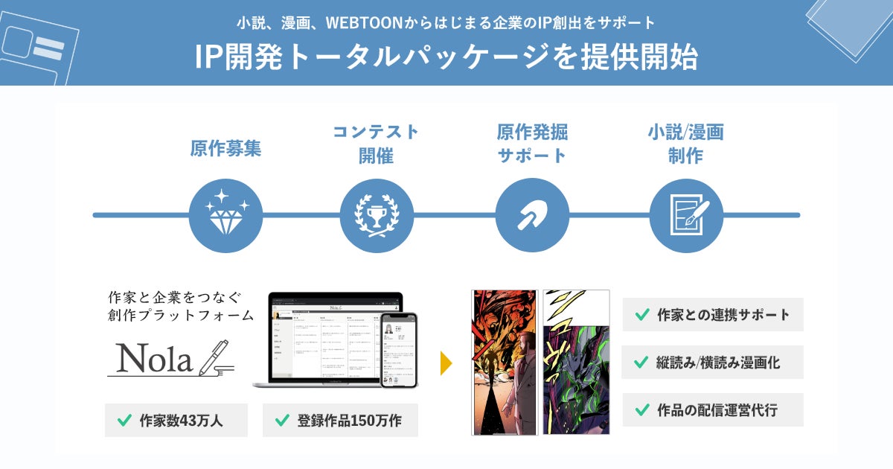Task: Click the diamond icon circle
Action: click(225, 215)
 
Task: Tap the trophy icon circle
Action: click(377, 215)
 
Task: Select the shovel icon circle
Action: click(531, 215)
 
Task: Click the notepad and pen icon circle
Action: click(686, 215)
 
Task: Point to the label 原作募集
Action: click(225, 148)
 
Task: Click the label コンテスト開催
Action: click(377, 144)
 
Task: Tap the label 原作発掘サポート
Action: click(531, 144)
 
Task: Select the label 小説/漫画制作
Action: click(685, 144)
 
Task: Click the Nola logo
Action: click(171, 358)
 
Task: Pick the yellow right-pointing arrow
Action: click(446, 363)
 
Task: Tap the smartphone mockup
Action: click(399, 350)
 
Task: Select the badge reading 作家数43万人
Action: click(176, 421)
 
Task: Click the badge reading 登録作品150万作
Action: click(340, 421)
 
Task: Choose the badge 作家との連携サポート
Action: click(713, 314)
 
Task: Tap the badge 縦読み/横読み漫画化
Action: click(713, 363)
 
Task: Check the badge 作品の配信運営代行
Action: click(713, 410)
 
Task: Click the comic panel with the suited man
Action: click(505, 362)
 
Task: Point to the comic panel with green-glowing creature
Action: click(576, 362)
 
